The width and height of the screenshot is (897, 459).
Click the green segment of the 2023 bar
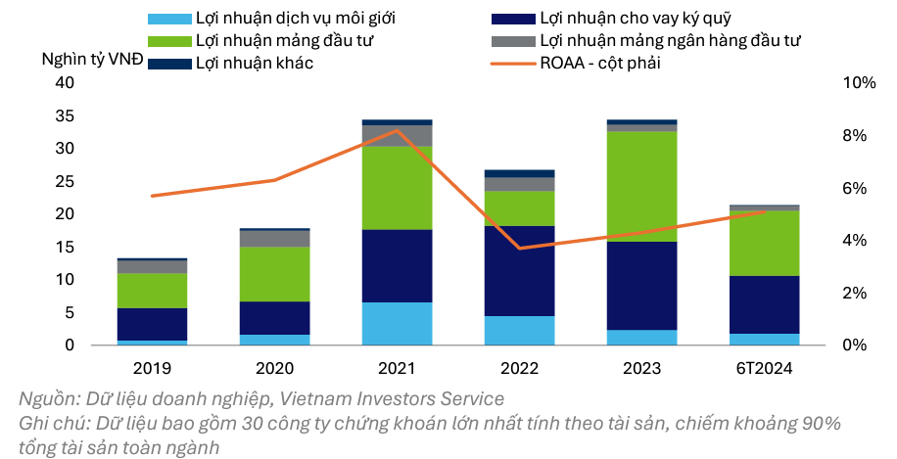tap(641, 186)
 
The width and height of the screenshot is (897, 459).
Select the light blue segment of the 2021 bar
tap(397, 324)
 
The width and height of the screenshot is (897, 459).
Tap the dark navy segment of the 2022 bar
tap(519, 271)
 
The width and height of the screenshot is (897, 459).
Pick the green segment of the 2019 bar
tap(152, 291)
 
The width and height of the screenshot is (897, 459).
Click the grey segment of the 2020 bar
tap(274, 239)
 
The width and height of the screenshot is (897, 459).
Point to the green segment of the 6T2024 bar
tap(764, 243)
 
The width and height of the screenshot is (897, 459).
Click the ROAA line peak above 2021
tap(397, 130)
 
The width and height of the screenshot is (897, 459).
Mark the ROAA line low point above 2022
tap(519, 249)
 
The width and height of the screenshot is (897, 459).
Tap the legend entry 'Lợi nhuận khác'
tap(254, 63)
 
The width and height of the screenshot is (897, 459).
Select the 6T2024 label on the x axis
tap(764, 369)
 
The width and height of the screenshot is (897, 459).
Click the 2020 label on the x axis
tap(274, 369)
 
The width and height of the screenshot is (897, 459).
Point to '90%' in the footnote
tap(821, 424)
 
